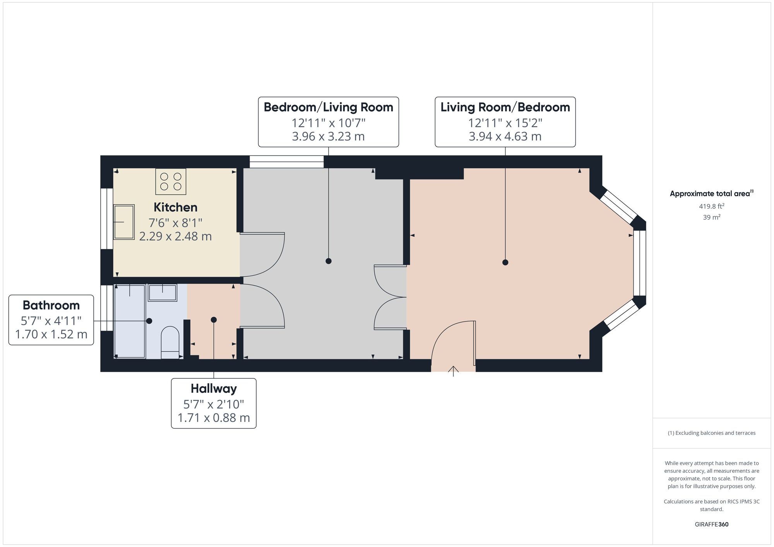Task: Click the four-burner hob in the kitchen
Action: pyautogui.click(x=171, y=181)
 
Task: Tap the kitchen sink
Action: pyautogui.click(x=124, y=222)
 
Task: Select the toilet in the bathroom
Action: pyautogui.click(x=170, y=342)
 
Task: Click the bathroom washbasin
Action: pyautogui.click(x=163, y=292)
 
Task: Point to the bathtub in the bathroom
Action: pyautogui.click(x=130, y=321)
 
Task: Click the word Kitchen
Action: pyautogui.click(x=175, y=207)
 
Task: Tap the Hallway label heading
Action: pyautogui.click(x=214, y=388)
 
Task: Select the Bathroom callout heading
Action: pyautogui.click(x=51, y=305)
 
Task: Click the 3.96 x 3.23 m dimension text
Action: pyautogui.click(x=328, y=137)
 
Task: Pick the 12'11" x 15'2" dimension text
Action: pyautogui.click(x=505, y=123)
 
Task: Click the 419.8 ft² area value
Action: pyautogui.click(x=711, y=206)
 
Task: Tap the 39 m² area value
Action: pyautogui.click(x=711, y=217)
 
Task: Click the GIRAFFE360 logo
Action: pyautogui.click(x=711, y=525)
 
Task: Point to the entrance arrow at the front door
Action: pyautogui.click(x=453, y=371)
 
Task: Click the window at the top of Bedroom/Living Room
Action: pyautogui.click(x=286, y=162)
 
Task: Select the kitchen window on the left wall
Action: pyautogui.click(x=107, y=219)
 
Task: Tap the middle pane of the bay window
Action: pyautogui.click(x=640, y=263)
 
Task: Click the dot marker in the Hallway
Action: pyautogui.click(x=214, y=320)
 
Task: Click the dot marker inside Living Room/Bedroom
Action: pyautogui.click(x=505, y=262)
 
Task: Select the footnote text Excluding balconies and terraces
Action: pyautogui.click(x=711, y=433)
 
